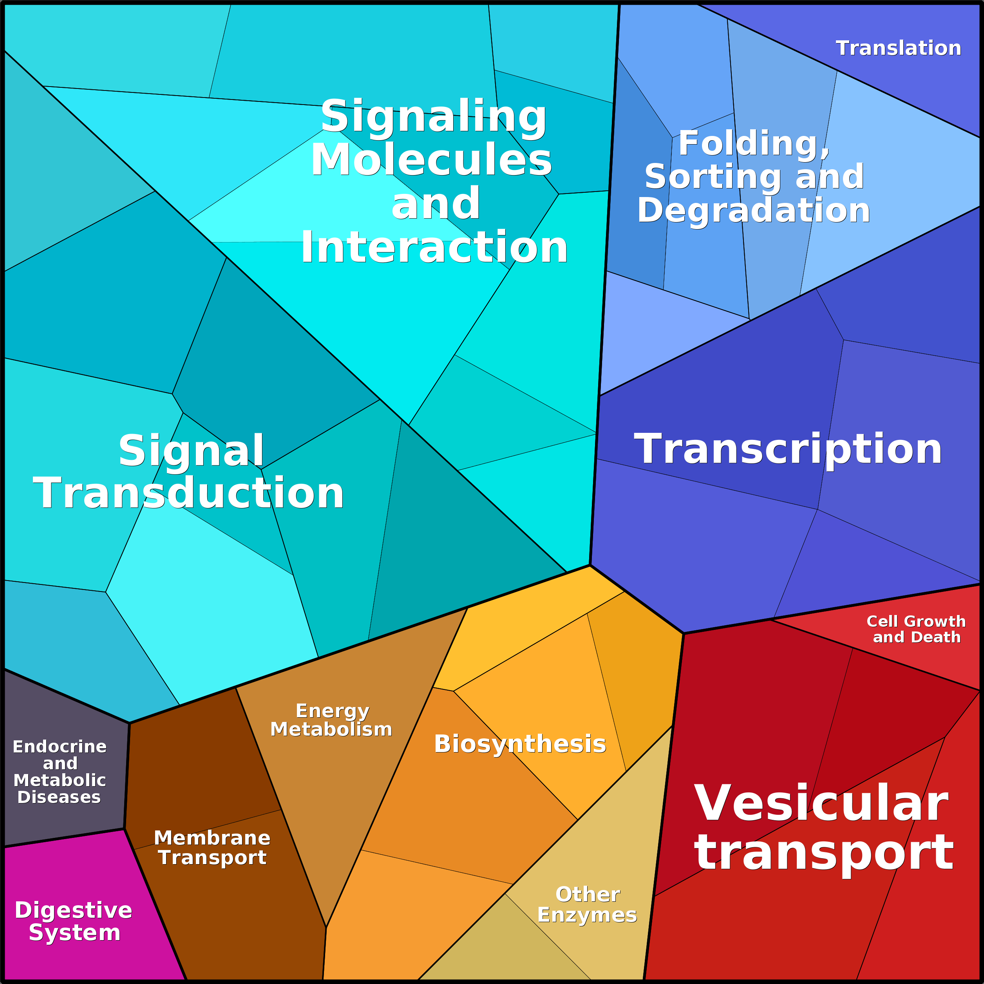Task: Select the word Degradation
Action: pos(754,210)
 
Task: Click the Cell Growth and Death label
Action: pos(916,629)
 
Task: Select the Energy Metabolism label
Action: pos(331,720)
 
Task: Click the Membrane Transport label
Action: pos(212,848)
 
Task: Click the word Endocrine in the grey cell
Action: pos(60,747)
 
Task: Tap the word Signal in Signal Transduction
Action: pos(191,450)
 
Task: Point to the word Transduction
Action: pos(188,493)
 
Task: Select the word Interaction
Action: pos(434,247)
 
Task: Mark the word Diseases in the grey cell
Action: pos(59,797)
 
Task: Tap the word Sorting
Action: pos(713,177)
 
